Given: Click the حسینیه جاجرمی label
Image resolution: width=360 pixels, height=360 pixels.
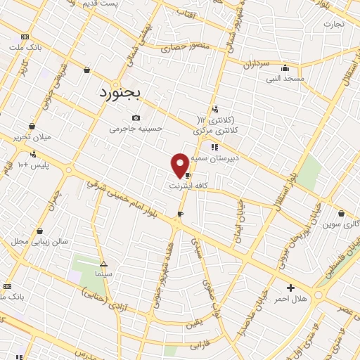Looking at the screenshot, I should tap(136, 129).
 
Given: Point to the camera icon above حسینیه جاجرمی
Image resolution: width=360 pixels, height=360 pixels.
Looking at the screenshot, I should tap(136, 117).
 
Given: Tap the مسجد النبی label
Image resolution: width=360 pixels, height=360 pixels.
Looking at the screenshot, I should tap(284, 79).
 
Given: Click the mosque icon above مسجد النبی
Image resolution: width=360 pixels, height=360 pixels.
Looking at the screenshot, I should tap(285, 69).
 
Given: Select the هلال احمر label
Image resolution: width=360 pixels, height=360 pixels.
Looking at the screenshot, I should tap(290, 299).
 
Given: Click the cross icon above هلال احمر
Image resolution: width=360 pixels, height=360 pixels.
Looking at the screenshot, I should tap(290, 288).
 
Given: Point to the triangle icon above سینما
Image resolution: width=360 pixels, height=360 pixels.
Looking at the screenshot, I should tap(104, 262).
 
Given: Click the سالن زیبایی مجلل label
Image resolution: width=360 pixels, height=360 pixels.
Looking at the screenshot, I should tap(39, 241).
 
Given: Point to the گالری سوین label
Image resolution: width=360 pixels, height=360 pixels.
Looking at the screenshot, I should tap(341, 224).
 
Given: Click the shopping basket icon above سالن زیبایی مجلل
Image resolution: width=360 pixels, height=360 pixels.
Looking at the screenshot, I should tap(39, 230).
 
